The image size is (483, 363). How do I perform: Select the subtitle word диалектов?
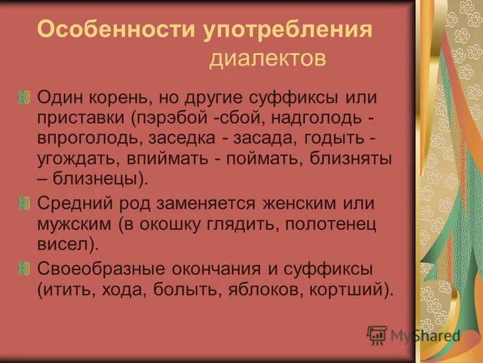268,59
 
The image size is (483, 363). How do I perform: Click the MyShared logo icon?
377,335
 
